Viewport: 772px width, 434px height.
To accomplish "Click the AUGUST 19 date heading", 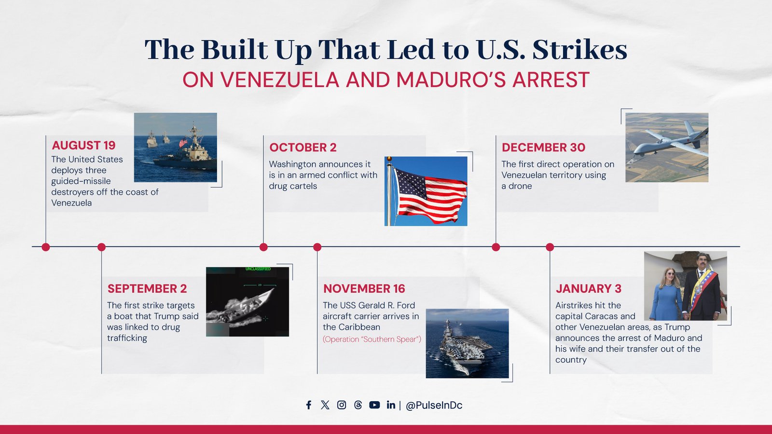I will tap(83, 145).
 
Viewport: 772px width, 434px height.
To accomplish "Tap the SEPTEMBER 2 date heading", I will tap(147, 288).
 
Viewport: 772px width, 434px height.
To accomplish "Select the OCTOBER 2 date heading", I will tap(303, 148).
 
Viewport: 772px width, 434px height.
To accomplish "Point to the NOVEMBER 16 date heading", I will tap(364, 288).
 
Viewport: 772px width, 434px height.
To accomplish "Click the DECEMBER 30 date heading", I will tap(543, 148).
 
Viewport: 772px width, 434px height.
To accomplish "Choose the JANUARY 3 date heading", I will tap(588, 288).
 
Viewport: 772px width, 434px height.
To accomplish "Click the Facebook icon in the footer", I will tap(309, 405).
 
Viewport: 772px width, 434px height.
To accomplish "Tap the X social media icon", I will tap(325, 405).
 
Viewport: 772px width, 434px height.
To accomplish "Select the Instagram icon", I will tap(342, 405).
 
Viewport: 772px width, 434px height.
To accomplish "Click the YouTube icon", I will tap(374, 405).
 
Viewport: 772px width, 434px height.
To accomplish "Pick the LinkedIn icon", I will tap(391, 405).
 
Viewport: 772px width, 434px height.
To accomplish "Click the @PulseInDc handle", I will tap(434, 406).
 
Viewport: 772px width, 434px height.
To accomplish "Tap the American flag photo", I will tap(426, 191).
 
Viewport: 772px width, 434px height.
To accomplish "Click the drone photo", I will tap(667, 147).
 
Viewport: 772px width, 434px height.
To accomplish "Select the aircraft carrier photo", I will tap(467, 343).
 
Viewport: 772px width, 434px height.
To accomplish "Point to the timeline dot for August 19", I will tap(46, 247).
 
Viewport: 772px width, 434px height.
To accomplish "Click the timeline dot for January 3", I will tap(550, 247).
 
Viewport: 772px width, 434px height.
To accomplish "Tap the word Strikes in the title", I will tap(579, 50).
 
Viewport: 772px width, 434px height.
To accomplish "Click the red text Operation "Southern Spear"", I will tap(372, 339).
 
